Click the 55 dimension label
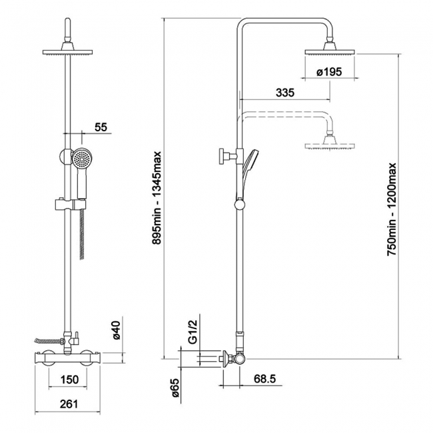pyautogui.click(x=101, y=126)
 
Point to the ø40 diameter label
pyautogui.click(x=115, y=330)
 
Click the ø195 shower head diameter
pyautogui.click(x=329, y=72)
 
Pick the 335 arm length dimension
pyautogui.click(x=284, y=93)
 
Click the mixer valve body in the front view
pyautogui.click(x=68, y=358)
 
